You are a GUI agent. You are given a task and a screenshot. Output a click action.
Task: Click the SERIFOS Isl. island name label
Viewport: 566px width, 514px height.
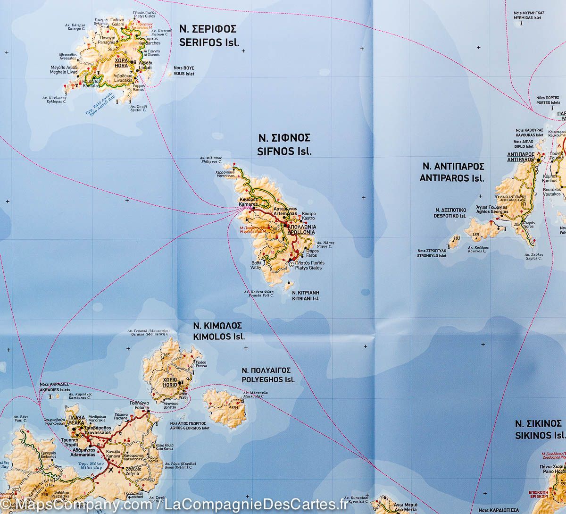point(209,42)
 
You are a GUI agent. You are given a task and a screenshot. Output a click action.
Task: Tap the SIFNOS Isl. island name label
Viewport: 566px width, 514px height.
point(284,152)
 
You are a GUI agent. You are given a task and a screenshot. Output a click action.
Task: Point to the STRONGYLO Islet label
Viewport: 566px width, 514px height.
point(431,256)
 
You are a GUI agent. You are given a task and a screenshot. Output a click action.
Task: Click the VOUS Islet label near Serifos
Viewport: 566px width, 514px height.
point(183,74)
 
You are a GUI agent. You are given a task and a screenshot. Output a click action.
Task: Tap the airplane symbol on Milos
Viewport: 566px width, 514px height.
point(110,470)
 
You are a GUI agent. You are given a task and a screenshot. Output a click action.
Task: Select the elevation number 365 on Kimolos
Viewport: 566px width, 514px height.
point(166,355)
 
